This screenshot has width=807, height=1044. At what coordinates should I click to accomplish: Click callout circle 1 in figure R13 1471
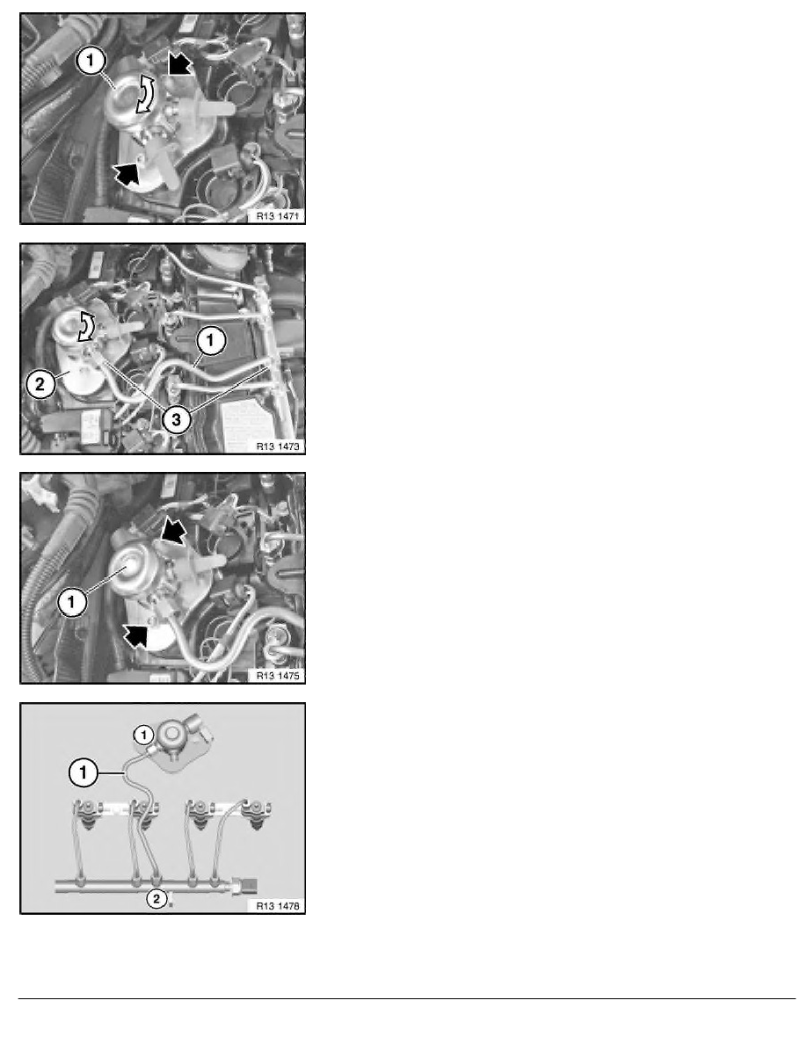point(91,62)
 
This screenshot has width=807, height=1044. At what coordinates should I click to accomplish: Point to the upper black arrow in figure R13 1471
point(179,65)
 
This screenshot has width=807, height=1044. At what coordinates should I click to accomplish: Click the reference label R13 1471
point(278,215)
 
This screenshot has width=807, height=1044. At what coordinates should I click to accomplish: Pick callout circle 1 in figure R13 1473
point(210,341)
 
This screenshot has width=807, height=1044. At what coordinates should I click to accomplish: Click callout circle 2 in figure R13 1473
point(40,384)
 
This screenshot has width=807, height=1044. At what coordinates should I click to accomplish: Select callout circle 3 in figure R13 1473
point(177,419)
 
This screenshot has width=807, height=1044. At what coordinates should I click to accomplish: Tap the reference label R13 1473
point(278,446)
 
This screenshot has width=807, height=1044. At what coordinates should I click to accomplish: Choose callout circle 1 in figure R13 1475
point(71,603)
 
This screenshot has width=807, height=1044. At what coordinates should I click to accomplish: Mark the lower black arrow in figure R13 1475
point(135,635)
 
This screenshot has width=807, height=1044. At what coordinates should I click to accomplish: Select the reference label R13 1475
point(278,676)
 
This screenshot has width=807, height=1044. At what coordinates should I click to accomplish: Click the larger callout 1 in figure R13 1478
point(84,773)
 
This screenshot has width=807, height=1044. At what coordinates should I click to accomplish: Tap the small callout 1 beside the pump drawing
point(144,735)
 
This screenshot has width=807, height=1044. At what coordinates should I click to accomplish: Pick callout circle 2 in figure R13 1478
point(156,900)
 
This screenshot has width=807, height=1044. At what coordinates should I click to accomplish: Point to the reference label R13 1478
point(278,906)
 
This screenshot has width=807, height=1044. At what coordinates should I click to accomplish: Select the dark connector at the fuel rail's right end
point(248,886)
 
